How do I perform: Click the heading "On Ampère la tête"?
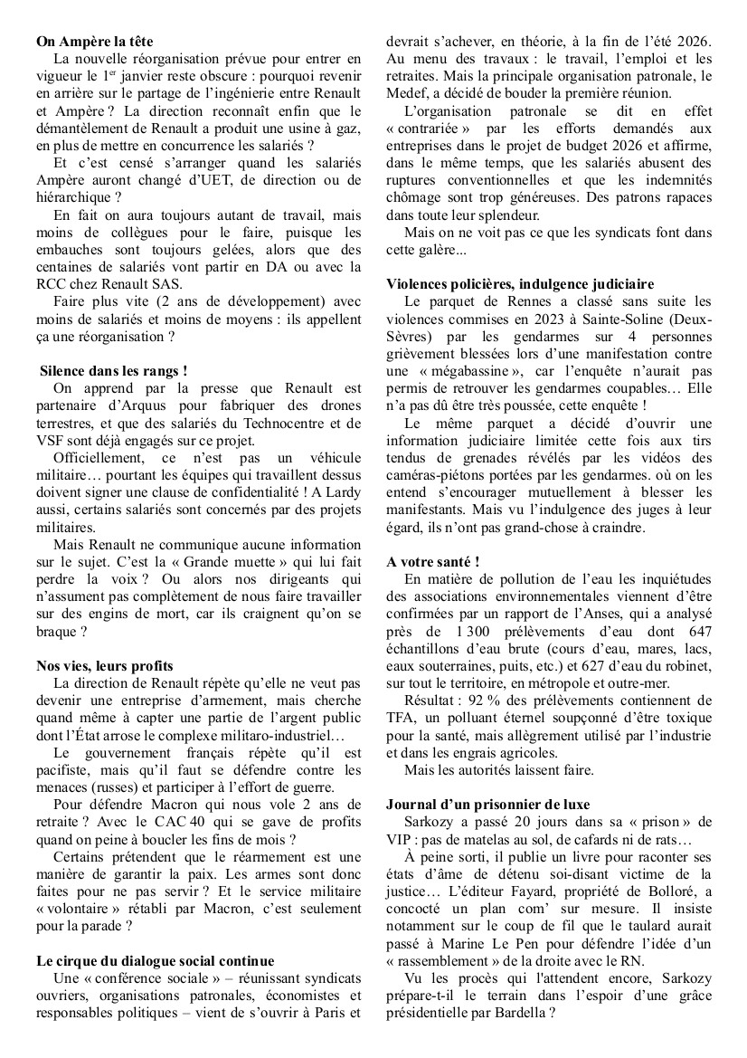[x=95, y=42]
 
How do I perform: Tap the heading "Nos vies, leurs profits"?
[x=104, y=666]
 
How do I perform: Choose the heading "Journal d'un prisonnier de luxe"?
[x=487, y=804]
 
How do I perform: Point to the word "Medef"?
[x=405, y=93]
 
